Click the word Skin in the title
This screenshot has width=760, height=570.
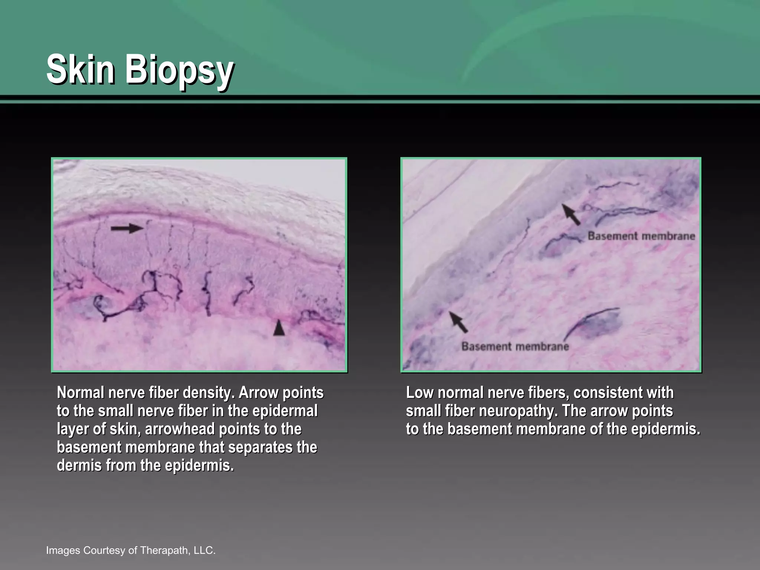click(x=80, y=69)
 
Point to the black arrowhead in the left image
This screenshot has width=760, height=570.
click(x=279, y=328)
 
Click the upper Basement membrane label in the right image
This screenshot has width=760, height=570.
click(x=641, y=236)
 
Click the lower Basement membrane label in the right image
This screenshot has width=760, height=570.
click(x=515, y=347)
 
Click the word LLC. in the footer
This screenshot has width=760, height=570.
click(x=204, y=550)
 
